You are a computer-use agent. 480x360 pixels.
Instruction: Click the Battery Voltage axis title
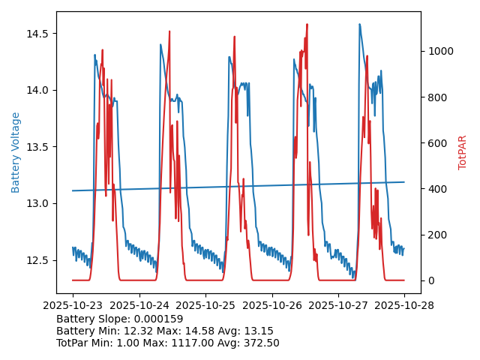[16, 152]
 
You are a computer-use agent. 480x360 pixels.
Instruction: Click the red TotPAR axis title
[463, 152]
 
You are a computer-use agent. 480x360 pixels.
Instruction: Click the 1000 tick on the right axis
[438, 51]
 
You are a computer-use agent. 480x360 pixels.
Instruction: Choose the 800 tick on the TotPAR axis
[435, 97]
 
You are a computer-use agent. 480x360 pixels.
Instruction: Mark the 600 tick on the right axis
[435, 143]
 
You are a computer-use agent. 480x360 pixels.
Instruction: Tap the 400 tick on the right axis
[435, 189]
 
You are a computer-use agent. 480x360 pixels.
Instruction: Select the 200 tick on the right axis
[435, 235]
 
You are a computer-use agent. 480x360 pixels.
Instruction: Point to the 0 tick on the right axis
[430, 280]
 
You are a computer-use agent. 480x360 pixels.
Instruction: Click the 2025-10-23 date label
[73, 306]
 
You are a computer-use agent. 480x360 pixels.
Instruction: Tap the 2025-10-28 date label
[404, 306]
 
